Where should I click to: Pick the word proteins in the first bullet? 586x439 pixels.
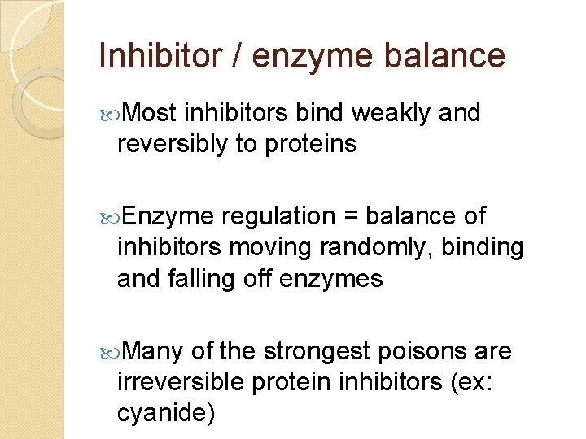tap(311, 144)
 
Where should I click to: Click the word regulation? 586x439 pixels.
tap(278, 217)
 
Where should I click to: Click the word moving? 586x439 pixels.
tap(260, 246)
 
